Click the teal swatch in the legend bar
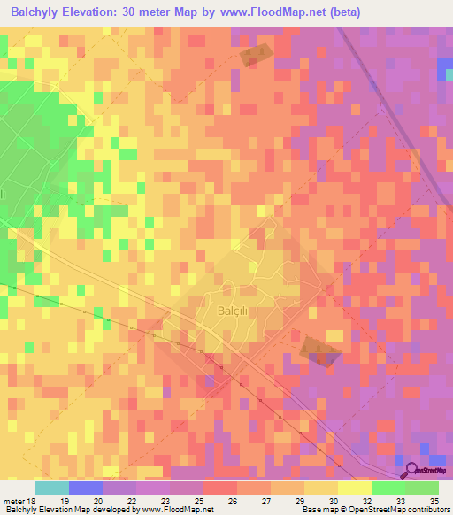52,488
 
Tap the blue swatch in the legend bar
86,488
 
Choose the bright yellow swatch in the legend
354,488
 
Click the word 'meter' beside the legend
12,500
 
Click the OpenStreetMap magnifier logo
411,472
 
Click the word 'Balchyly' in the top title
38,12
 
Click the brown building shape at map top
256,55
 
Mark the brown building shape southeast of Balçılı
319,350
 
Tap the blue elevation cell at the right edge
444,68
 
